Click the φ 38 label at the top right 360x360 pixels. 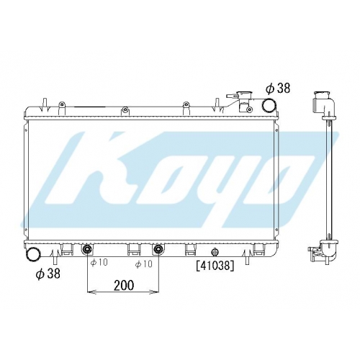pos(277,88)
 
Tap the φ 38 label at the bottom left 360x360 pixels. pos(48,274)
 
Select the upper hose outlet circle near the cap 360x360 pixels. pos(269,105)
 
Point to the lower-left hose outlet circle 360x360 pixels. pos(33,256)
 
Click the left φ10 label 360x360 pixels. pos(99,262)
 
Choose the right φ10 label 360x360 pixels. pos(143,264)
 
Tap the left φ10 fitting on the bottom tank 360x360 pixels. pos(86,250)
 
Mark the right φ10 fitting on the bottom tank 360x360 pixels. pos(158,250)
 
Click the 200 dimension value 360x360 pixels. pos(124,285)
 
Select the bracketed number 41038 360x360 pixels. pos(215,266)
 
